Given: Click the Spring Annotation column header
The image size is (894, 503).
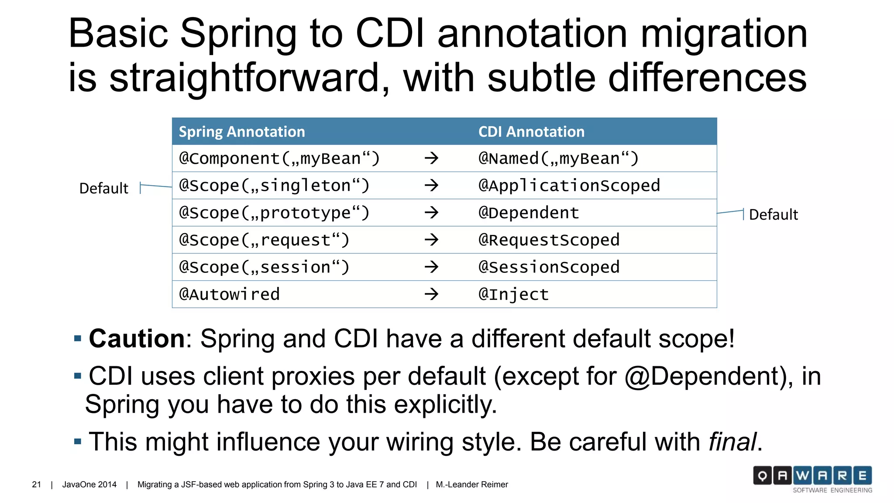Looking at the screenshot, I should [x=242, y=131].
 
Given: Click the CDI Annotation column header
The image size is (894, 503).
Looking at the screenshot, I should [x=531, y=131].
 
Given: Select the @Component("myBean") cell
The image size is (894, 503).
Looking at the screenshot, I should [x=279, y=158].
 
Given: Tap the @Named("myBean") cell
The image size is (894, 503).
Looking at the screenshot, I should [x=558, y=158].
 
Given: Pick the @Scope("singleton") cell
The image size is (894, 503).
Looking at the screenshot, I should [x=274, y=186].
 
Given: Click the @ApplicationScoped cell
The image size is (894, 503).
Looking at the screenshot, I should [x=569, y=186].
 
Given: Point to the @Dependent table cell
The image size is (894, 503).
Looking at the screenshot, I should [x=529, y=213].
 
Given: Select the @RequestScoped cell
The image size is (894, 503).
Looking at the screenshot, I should [x=549, y=240].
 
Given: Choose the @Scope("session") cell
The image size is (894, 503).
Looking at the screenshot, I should [x=264, y=267].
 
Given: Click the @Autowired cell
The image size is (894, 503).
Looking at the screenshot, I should [x=229, y=294].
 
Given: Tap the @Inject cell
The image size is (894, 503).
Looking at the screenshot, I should [x=513, y=294].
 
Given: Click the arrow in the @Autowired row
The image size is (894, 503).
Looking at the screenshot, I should [x=431, y=294].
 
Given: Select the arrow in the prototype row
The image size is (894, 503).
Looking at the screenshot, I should [x=431, y=213].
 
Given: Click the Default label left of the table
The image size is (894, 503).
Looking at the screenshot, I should [x=103, y=188].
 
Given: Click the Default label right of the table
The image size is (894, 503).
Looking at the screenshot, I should [x=773, y=214].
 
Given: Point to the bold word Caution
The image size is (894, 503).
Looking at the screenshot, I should [x=137, y=338].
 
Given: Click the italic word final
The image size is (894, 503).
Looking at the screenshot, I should [x=732, y=441].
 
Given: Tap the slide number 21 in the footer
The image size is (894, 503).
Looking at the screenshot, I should [x=37, y=484].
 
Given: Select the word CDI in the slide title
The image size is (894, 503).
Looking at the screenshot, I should [x=390, y=34].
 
